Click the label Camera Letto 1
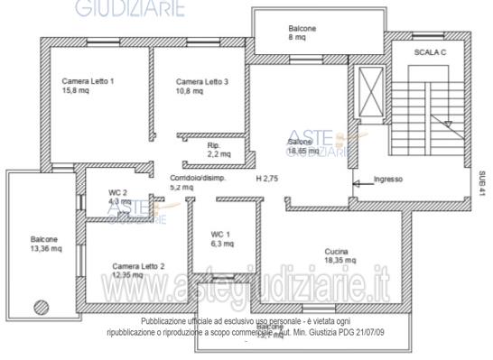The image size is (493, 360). [x=88, y=81]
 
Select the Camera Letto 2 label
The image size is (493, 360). [x=138, y=266]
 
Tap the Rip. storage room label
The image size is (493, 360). [x=214, y=144]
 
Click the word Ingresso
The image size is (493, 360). [x=388, y=180]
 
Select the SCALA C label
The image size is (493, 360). [x=432, y=53]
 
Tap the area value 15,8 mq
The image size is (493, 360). [x=76, y=91]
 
